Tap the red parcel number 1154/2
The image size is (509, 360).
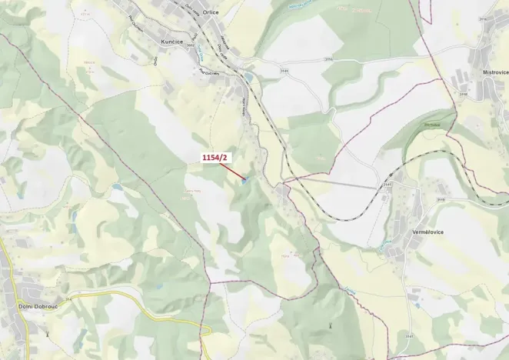click(216, 158)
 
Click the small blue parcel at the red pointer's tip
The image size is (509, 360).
click(245, 182)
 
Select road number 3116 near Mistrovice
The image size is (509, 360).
click(483, 19)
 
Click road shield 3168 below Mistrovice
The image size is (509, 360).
click(463, 94)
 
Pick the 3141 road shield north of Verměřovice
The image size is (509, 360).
click(388, 185)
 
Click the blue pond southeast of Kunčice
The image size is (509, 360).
click(248, 77)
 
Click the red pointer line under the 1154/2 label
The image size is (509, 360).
click(231, 172)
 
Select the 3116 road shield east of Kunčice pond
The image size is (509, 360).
click(328, 58)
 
